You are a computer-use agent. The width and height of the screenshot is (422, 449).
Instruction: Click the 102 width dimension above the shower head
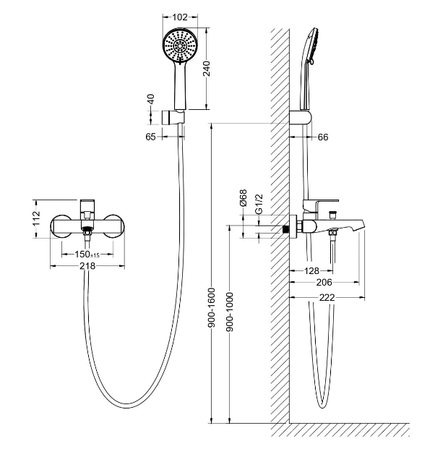[x=180, y=17]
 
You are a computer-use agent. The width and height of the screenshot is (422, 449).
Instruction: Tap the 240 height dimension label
[x=206, y=69]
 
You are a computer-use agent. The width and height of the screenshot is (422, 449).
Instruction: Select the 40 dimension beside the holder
[x=151, y=99]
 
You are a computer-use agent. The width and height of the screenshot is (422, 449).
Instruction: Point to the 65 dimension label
[x=150, y=137]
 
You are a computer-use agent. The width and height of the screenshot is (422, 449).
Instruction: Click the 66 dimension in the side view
[x=323, y=137]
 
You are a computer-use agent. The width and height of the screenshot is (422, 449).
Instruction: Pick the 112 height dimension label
[x=37, y=218]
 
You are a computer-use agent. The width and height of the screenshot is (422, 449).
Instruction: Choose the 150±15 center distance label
[x=87, y=255]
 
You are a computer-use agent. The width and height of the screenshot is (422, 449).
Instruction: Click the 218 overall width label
[x=87, y=266]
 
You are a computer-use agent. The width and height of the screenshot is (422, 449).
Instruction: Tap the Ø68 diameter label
[x=244, y=198]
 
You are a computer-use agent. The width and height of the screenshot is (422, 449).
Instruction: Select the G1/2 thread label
[x=259, y=204]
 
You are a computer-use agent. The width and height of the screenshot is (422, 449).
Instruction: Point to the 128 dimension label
[x=311, y=270]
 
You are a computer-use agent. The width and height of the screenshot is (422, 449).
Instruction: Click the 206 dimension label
[x=324, y=283]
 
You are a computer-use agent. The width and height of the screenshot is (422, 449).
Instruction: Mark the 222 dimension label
[x=327, y=298]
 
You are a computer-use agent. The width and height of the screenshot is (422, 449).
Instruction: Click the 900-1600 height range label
[x=212, y=307]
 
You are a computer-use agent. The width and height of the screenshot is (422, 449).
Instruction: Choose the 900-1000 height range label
[x=230, y=312]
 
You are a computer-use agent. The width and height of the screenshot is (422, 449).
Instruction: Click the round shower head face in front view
[x=180, y=46]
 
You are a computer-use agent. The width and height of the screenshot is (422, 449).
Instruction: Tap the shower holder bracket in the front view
[x=173, y=117]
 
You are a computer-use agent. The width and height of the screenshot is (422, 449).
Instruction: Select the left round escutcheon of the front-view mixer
[x=61, y=226]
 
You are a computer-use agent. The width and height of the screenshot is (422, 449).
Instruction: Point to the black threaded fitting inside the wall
[x=285, y=229]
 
